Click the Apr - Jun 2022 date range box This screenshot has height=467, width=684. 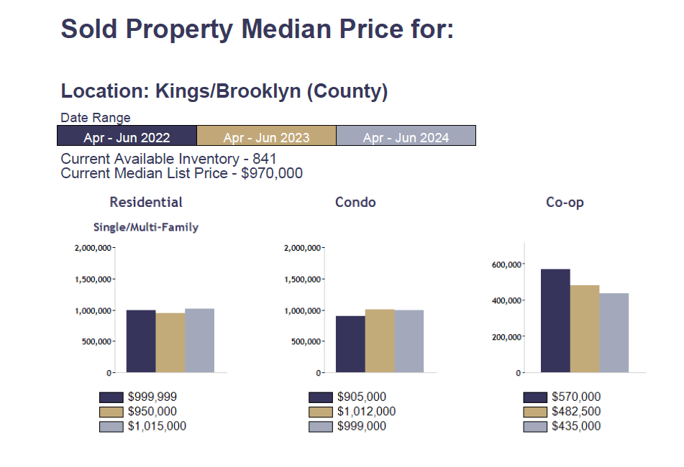pos(127,136)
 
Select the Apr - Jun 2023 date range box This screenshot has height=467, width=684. pos(266,136)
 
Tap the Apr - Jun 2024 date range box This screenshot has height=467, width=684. pos(406,136)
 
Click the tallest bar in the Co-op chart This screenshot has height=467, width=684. pos(555,321)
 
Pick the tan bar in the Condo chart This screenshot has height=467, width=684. pos(380,341)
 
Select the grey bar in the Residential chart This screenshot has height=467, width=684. pos(199,341)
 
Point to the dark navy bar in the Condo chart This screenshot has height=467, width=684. pos(350,344)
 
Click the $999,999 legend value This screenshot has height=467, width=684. pos(152,397)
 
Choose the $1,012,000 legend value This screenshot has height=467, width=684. pos(366,412)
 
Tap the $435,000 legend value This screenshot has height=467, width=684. pos(576,427)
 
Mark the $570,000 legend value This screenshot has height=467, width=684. pos(576,397)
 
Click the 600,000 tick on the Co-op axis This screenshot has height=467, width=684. pos(506,264)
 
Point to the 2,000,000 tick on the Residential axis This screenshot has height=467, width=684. pos(93,248)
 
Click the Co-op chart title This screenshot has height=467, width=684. pos(565,203)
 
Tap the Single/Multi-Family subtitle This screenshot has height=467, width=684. pos(146,227)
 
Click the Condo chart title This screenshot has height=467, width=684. pos(355,203)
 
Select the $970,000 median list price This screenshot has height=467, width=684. pos(272,173)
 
